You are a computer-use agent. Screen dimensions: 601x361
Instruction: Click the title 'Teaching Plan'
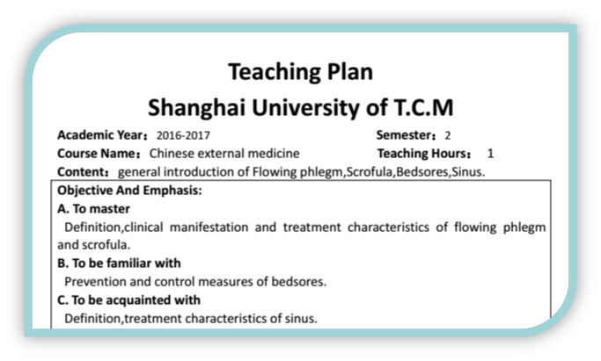(301, 72)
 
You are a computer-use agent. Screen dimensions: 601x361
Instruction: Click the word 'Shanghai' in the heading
(196, 108)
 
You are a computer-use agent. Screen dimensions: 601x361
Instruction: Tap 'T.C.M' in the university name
(423, 107)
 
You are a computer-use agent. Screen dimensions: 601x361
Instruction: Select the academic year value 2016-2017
(183, 135)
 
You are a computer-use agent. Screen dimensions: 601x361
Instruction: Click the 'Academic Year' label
(100, 135)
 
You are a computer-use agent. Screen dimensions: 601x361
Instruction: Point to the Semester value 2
(448, 135)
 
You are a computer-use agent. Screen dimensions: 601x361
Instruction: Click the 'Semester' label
(405, 135)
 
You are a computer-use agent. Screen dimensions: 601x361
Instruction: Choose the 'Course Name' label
(97, 154)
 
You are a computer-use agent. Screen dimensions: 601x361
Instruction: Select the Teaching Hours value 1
(490, 154)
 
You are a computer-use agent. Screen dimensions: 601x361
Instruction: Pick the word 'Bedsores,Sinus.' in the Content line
(440, 172)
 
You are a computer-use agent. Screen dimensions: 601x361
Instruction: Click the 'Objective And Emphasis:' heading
(129, 190)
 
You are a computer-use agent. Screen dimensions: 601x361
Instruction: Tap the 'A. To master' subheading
(93, 209)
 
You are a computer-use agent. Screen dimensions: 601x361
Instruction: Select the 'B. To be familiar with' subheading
(119, 264)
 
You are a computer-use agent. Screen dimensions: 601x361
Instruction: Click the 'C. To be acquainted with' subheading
(128, 300)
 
